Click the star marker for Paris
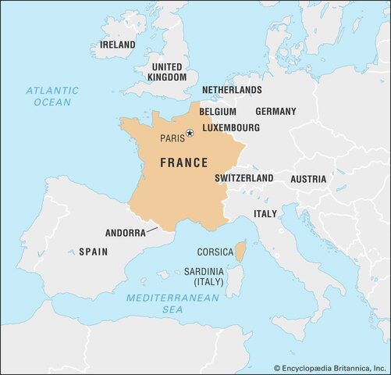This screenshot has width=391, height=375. (189, 134)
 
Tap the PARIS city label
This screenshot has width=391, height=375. (172, 138)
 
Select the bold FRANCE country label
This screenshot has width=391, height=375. (183, 162)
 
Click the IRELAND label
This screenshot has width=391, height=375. (117, 45)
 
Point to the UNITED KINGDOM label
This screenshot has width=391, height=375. (168, 72)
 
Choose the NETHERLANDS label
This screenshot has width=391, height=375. (232, 91)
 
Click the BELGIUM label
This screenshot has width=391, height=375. (217, 112)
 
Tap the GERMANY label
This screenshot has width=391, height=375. (275, 112)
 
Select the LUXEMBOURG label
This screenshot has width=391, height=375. (232, 127)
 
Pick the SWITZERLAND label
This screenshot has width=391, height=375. (244, 178)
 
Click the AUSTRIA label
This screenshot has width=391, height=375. (308, 179)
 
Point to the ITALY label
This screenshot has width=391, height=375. (265, 214)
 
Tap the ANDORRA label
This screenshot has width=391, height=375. (124, 233)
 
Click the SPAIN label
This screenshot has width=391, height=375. (93, 252)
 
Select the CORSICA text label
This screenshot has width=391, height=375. (215, 252)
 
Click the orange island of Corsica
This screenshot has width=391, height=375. (240, 252)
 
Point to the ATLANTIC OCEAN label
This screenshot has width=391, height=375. (52, 96)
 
